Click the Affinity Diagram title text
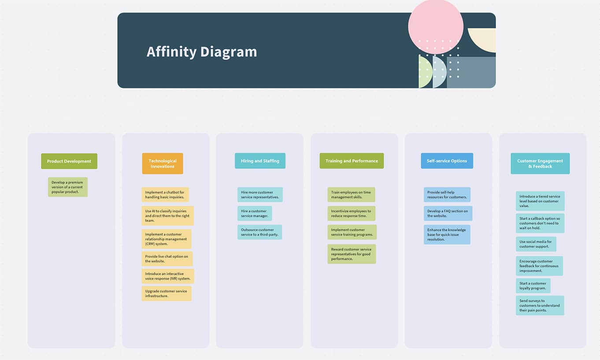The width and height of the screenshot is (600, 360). [202, 52]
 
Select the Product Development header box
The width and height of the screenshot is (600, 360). [69, 161]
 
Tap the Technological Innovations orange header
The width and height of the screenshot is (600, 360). [163, 163]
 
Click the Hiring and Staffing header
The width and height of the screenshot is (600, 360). [260, 161]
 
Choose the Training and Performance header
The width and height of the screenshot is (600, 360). [352, 161]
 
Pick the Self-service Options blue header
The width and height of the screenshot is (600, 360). [447, 161]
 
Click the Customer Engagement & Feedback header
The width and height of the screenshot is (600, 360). [540, 163]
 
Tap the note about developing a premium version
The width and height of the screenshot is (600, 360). [68, 187]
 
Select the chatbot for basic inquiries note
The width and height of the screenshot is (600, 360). [165, 194]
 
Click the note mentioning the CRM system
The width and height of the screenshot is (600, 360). [167, 239]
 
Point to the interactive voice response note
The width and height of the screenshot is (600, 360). [168, 276]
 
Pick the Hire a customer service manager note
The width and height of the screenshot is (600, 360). [255, 213]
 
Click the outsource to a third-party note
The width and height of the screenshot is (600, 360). [260, 232]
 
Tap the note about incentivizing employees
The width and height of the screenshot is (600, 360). [352, 213]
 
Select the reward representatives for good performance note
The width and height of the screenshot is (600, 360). [352, 254]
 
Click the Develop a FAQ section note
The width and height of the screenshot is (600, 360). [448, 213]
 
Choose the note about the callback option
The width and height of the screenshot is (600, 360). [540, 223]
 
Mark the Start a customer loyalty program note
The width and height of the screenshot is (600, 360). [533, 286]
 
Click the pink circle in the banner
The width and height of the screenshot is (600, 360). [436, 26]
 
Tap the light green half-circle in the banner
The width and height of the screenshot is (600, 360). [425, 71]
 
